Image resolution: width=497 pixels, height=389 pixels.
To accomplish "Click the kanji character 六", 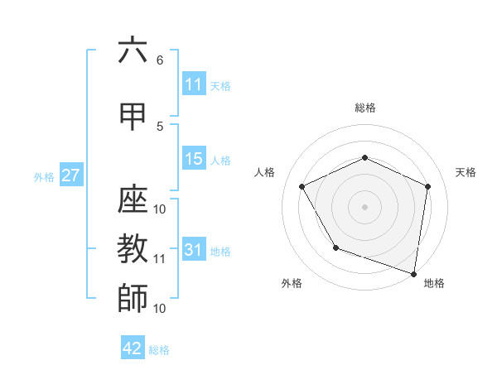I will pos(133,50).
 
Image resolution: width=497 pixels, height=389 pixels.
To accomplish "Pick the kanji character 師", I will pos(133,298).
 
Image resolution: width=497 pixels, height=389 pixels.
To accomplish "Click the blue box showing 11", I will pos(194,84).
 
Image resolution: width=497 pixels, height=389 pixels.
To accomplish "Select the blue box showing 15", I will pos(194,159).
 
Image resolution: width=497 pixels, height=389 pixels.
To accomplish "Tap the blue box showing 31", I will pos(194,250).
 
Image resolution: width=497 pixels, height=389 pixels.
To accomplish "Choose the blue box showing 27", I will pos(70,175).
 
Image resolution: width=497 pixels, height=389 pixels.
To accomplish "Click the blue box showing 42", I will pos(133,348).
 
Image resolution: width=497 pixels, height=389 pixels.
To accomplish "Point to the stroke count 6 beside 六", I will pos(160,60).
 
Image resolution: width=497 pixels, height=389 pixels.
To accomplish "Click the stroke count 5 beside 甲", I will pos(160,126).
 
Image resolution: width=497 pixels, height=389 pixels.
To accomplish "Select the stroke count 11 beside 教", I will pos(160,259).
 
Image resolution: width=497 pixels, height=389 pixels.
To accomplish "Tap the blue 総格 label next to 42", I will pos(159,350).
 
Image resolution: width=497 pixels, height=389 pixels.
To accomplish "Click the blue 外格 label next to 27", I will pos(43,176).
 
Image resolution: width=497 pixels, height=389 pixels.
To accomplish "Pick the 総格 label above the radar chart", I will pos(364,108).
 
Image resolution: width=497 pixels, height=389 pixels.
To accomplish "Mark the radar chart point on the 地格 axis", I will pos(413,273).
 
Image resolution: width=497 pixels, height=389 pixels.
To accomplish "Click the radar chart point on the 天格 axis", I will pos(427,186).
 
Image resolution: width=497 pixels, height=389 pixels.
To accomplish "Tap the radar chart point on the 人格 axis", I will pos(302,186).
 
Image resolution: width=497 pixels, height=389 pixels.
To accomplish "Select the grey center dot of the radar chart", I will pos(364,206).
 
